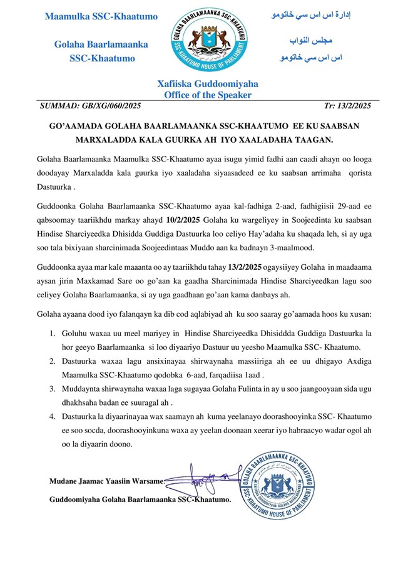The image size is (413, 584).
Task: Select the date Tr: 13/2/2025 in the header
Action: tap(349, 106)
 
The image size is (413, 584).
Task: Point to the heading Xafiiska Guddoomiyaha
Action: tap(207, 84)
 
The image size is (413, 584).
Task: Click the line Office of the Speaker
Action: tap(207, 95)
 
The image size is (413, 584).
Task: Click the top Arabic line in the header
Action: tap(312, 14)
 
